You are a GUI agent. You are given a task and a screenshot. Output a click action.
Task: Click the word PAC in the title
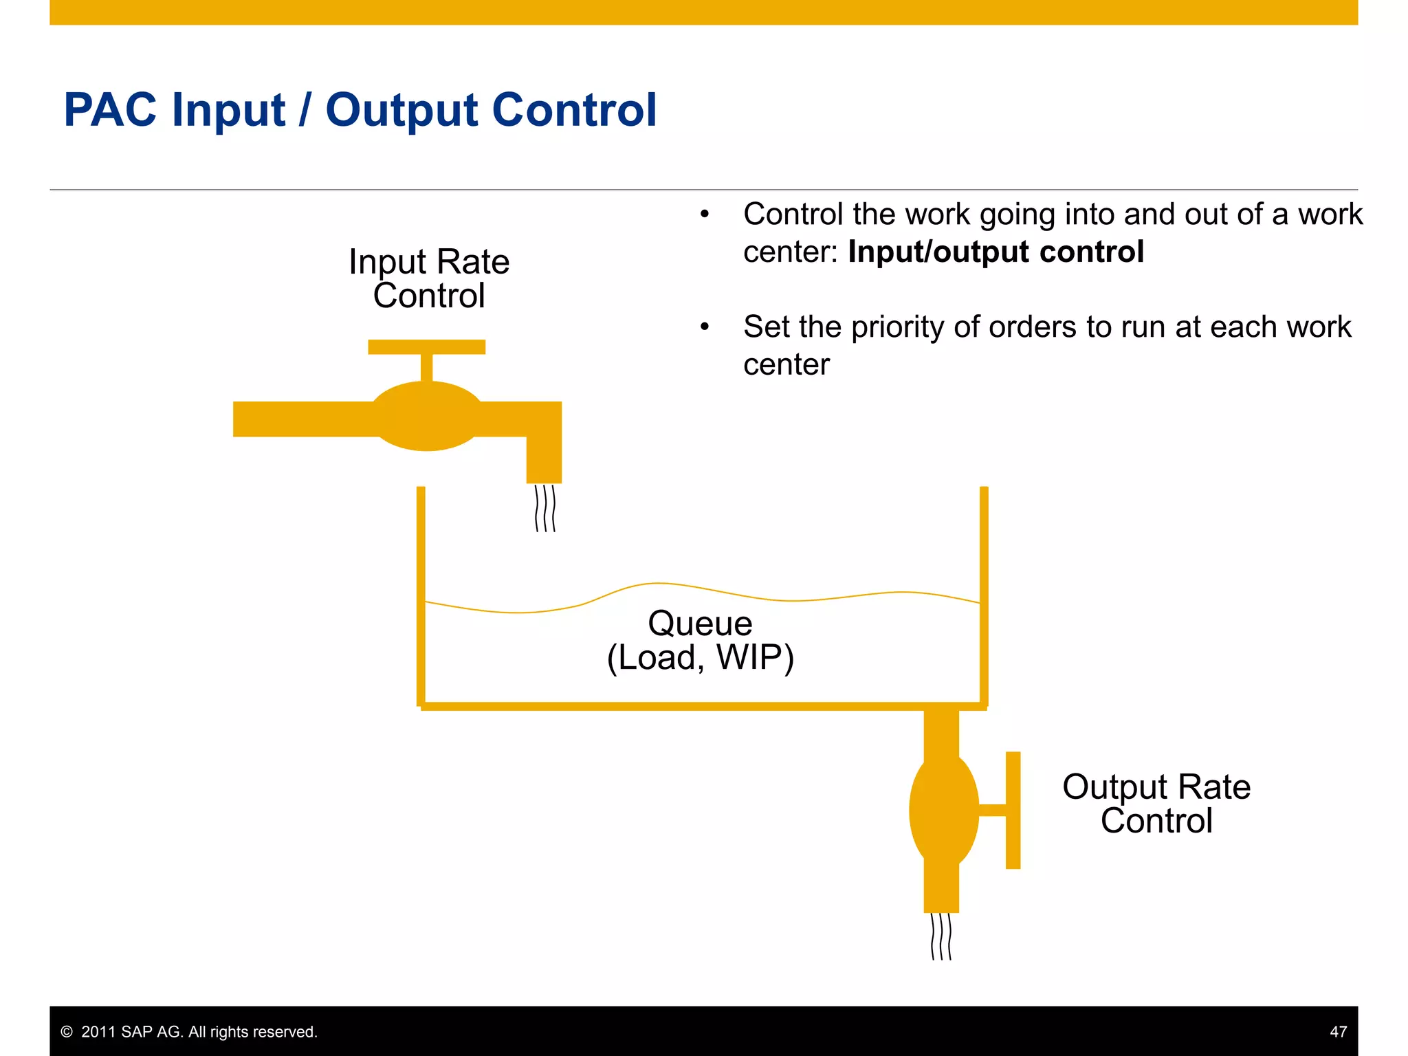(x=110, y=110)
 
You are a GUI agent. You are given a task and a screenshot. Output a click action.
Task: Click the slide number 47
(x=1338, y=1031)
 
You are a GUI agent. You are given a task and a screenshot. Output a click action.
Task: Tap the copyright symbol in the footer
(x=67, y=1032)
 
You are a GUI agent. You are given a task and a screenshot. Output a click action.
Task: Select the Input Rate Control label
(x=429, y=278)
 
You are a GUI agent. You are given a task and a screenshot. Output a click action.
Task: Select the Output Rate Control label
(x=1156, y=803)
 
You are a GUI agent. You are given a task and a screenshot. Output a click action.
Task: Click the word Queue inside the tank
(x=700, y=624)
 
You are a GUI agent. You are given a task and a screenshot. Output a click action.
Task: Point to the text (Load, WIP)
(x=700, y=657)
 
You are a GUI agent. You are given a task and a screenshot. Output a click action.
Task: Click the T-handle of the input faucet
(x=426, y=347)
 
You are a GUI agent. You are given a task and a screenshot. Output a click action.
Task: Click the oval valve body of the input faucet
(x=426, y=416)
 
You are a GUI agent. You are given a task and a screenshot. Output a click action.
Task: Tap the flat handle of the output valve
(x=1013, y=810)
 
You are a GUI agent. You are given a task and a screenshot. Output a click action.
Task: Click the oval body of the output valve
(x=943, y=810)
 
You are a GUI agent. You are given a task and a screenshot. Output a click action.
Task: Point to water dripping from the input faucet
(x=544, y=508)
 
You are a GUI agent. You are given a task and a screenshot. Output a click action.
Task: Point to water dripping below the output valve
(x=941, y=936)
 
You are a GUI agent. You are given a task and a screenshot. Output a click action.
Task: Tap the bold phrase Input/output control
(x=995, y=252)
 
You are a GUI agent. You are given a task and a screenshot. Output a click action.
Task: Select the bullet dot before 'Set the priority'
(x=704, y=327)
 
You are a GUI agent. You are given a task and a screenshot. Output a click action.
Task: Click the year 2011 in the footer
(x=98, y=1032)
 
